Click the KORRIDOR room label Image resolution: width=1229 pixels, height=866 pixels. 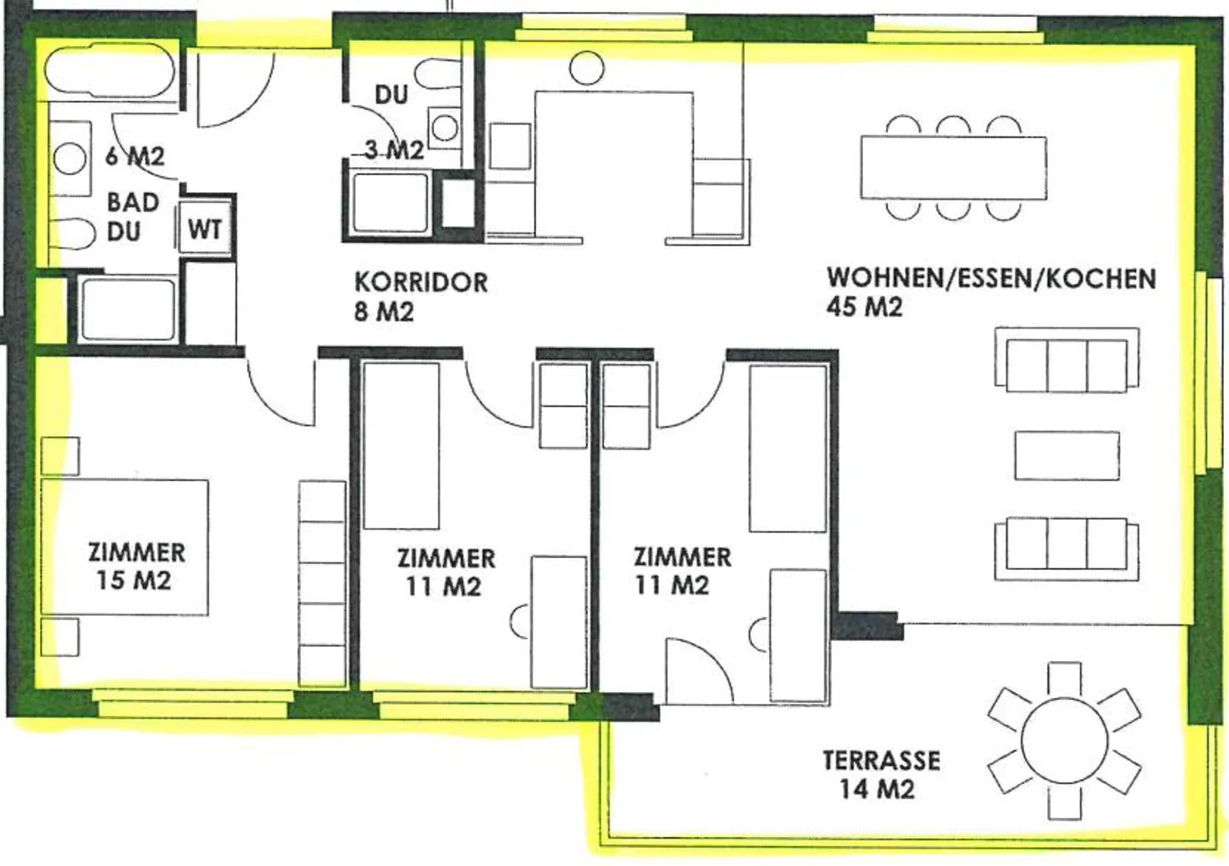click(421, 282)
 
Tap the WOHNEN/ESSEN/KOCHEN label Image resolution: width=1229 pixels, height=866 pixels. click(991, 278)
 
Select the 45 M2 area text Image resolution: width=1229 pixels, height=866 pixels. click(864, 307)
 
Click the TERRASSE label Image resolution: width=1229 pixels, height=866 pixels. click(881, 760)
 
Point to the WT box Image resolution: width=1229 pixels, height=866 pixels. click(204, 229)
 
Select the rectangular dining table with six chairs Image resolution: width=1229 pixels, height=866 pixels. click(953, 168)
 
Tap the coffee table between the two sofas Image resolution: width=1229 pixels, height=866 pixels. click(1066, 456)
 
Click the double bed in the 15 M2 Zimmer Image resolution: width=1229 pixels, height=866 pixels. click(125, 546)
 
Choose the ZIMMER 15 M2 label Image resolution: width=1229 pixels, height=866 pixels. click(136, 566)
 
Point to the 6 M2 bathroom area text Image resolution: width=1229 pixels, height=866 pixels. click(135, 157)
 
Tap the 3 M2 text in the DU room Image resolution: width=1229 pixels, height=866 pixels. click(393, 150)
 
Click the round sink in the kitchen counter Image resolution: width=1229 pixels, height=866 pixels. click(586, 67)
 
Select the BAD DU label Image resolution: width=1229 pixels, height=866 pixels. click(132, 217)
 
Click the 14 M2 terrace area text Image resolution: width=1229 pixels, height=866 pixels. click(877, 789)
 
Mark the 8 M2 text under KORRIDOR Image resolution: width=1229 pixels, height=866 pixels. click(383, 311)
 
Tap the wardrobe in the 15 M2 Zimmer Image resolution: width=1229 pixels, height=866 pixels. click(323, 583)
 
